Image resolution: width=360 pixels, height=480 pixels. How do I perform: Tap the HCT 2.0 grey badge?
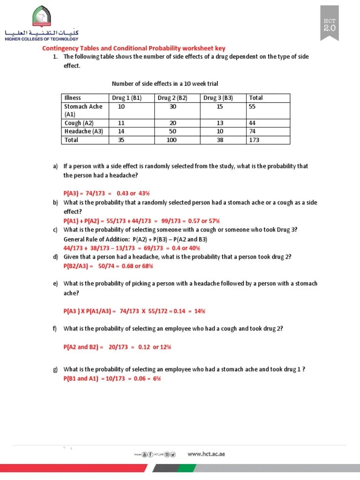tap(333, 25)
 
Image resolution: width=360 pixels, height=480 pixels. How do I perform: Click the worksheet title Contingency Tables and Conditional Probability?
tap(134, 48)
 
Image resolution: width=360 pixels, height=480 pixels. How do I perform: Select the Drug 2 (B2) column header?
tap(172, 98)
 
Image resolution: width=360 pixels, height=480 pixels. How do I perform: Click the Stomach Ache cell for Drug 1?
tap(121, 106)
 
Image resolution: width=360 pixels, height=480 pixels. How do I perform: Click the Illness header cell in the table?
tap(73, 98)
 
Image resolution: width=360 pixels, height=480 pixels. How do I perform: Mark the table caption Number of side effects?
tap(165, 84)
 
